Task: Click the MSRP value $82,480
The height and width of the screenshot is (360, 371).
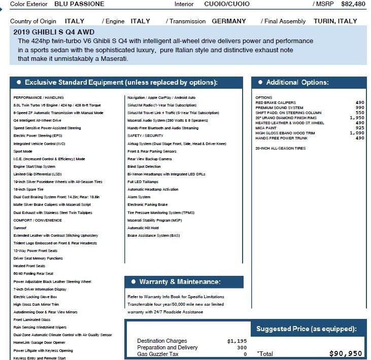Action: tap(353, 4)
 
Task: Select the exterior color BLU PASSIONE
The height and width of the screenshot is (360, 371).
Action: tap(79, 4)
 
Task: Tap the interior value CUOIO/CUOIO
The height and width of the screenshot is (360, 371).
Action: tap(227, 4)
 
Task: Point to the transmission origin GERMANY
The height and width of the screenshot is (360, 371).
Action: tap(228, 21)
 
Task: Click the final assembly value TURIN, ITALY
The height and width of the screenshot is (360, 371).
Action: tap(335, 21)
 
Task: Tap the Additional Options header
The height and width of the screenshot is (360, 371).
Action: tap(297, 82)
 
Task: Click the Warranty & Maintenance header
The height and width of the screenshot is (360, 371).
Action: tap(180, 281)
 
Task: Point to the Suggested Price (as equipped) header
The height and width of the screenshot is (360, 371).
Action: tap(306, 329)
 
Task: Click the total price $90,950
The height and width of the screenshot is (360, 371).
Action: tap(346, 353)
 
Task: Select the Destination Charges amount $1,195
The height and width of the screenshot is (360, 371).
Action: tap(237, 341)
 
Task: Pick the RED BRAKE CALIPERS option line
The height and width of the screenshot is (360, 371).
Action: tap(276, 102)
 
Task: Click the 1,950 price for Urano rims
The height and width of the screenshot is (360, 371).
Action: tap(357, 118)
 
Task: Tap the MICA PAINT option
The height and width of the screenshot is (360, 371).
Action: tap(267, 128)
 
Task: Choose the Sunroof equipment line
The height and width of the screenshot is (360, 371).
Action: tap(21, 228)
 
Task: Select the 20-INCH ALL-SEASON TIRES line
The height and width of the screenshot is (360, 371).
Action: tap(281, 149)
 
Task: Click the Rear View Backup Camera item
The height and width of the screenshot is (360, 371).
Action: tap(150, 159)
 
